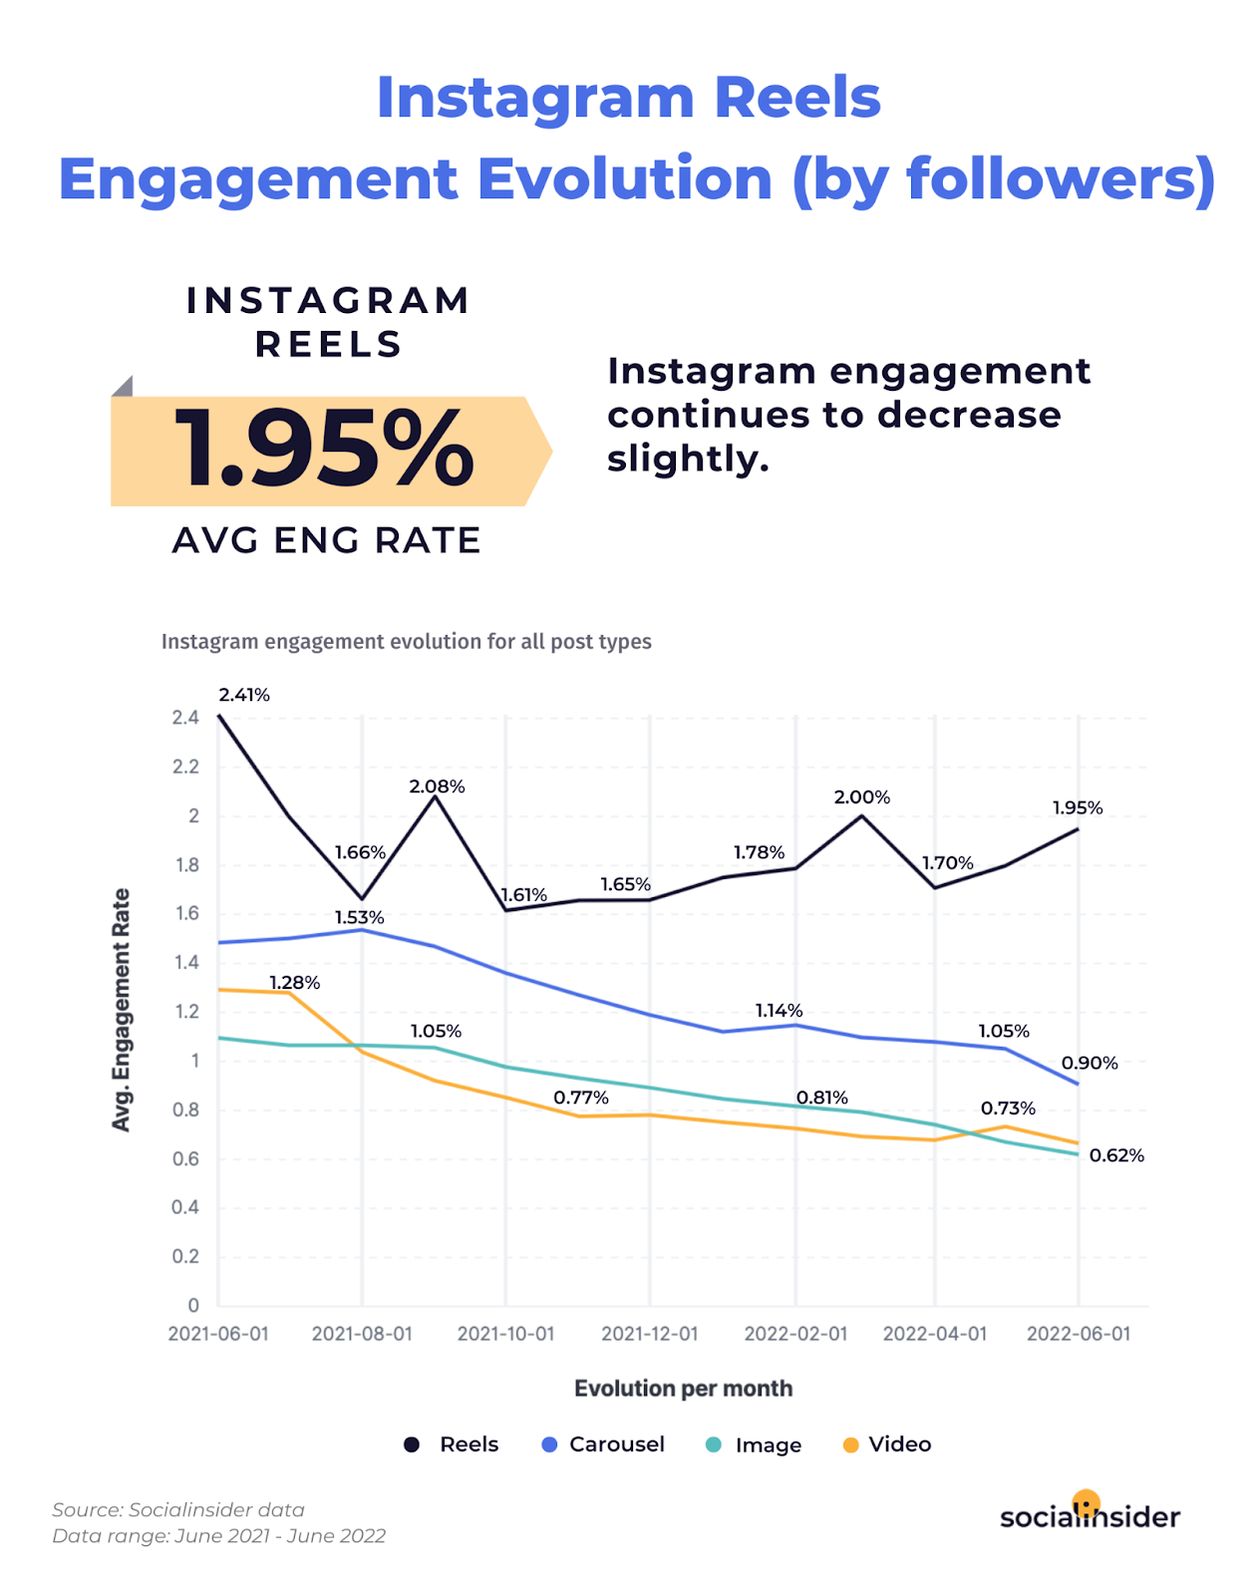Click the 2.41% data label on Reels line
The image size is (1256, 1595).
244,695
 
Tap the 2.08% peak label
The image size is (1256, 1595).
437,787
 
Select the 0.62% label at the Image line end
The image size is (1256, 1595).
1116,1155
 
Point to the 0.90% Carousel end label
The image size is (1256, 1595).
1090,1063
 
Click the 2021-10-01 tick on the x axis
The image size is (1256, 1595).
505,1334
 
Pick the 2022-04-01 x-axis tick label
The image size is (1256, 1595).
935,1334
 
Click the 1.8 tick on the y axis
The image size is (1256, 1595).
187,865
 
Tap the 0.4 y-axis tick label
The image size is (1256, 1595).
185,1207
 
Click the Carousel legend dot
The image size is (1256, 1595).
549,1444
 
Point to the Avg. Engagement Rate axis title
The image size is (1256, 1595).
121,1010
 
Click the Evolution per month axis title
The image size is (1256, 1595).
683,1389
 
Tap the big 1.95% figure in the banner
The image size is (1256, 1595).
324,450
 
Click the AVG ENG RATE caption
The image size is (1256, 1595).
327,540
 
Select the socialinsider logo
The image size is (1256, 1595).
1090,1514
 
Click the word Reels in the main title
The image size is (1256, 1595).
797,98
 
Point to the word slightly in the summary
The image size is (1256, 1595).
688,459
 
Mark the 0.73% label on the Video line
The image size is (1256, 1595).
1008,1109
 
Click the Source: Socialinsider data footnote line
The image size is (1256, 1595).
178,1510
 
